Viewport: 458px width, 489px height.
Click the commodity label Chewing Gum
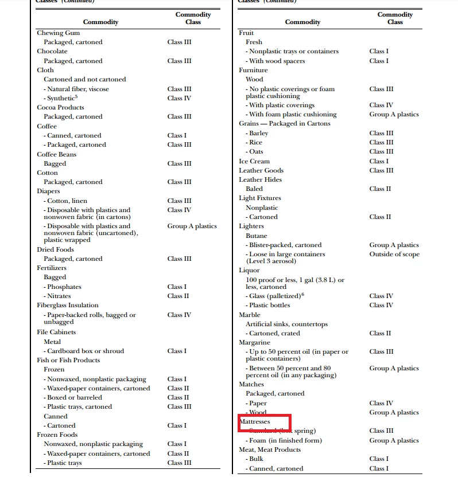(58, 33)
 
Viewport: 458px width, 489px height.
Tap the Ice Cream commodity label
(254, 161)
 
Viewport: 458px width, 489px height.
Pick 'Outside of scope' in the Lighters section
(394, 254)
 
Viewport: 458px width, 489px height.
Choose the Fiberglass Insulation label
(68, 305)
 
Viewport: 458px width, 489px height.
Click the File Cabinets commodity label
(56, 332)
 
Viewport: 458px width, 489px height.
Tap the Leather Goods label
(261, 170)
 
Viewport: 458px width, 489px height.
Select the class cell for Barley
(381, 133)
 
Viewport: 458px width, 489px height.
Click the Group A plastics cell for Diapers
(192, 226)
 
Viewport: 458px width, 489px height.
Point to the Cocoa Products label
(60, 107)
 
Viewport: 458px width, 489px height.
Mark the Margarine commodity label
(255, 342)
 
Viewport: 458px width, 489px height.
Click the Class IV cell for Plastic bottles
(381, 305)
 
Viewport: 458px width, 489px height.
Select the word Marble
(250, 315)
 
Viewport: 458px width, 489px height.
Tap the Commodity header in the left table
(100, 22)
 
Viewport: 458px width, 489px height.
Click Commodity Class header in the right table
(395, 18)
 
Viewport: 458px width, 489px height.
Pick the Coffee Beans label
(56, 154)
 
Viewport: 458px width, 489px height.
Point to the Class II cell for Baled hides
(379, 189)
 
